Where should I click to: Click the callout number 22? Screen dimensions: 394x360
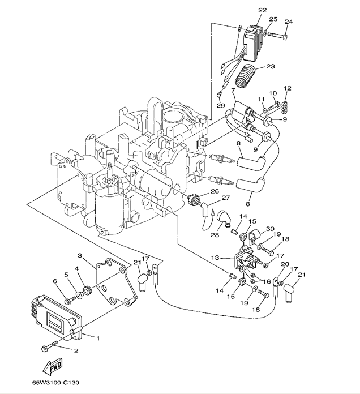pyautogui.click(x=262, y=10)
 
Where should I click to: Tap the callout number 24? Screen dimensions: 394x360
pyautogui.click(x=289, y=22)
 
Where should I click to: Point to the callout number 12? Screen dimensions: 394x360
pyautogui.click(x=287, y=88)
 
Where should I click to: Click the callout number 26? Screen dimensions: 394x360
pyautogui.click(x=215, y=191)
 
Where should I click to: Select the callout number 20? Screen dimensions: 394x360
pyautogui.click(x=284, y=264)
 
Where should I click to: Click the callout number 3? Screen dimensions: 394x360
pyautogui.click(x=80, y=256)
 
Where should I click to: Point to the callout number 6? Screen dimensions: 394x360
pyautogui.click(x=55, y=281)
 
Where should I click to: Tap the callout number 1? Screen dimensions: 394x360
pyautogui.click(x=98, y=338)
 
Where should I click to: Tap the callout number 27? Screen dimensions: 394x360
pyautogui.click(x=226, y=198)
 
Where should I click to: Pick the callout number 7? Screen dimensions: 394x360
pyautogui.click(x=232, y=91)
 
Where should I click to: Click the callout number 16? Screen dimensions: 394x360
pyautogui.click(x=267, y=280)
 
